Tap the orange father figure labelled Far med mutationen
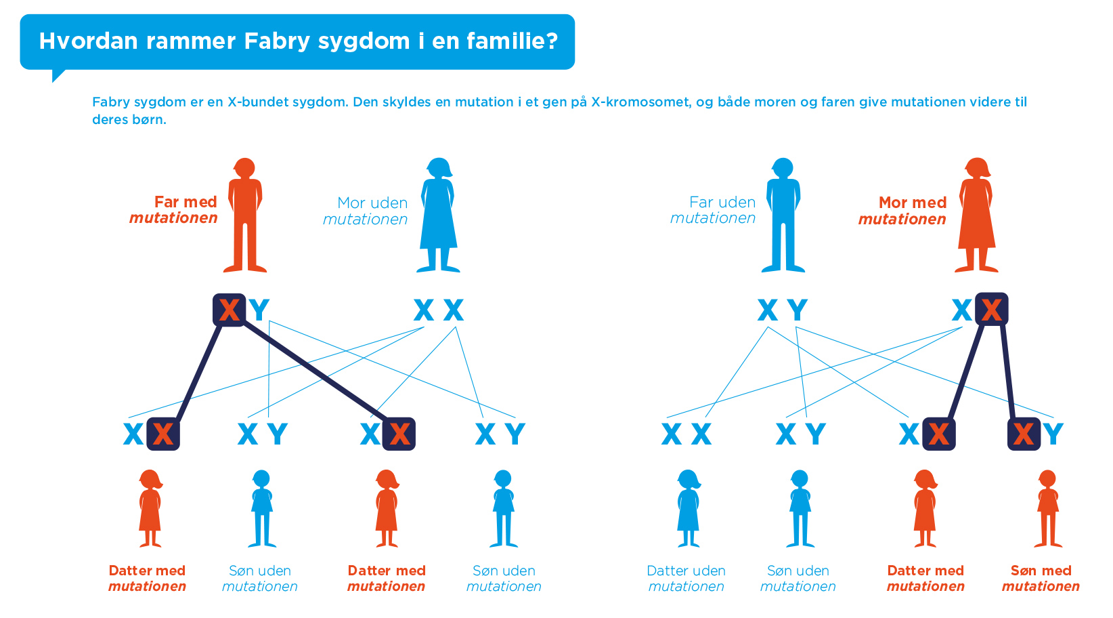pos(245,215)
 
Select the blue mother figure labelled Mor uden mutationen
pos(438,215)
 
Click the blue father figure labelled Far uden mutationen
pos(783,215)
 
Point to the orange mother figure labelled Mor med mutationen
pos(976,215)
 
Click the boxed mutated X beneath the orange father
pos(229,310)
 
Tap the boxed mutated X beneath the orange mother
pos(992,309)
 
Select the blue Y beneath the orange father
pos(259,310)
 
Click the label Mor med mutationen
pos(902,211)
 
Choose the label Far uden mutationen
pos(713,210)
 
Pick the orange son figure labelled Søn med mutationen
pos(1048,508)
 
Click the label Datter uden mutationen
pos(686,578)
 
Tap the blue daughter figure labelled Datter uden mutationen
pos(688,508)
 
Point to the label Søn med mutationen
pos(1041,578)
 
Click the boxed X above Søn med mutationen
pos(1024,434)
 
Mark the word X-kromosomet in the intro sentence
pos(640,102)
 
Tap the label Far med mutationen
pos(173,210)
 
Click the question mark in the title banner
pos(552,41)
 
